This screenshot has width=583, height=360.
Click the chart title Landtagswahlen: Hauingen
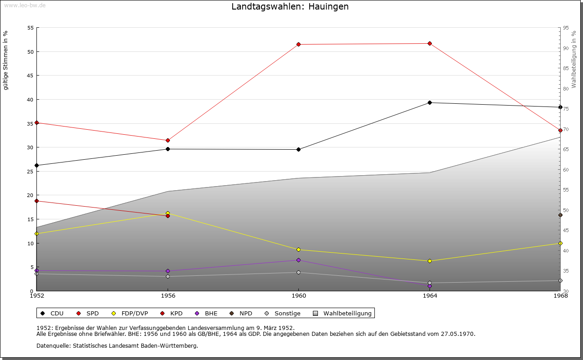290,7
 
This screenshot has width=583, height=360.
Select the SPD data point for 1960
299,44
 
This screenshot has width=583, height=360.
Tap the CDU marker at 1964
430,102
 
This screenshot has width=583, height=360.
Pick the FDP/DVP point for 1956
168,213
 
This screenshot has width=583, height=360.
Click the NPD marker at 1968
560,215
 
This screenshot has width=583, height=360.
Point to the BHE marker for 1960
299,260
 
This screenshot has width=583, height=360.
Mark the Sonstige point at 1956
168,276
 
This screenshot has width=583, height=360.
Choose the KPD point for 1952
37,201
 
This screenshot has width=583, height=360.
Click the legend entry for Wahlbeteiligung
347,313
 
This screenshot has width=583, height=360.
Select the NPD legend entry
245,313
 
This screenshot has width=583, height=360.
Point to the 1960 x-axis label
299,296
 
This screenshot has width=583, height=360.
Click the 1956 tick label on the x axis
168,296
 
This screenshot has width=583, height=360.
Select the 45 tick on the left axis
31,76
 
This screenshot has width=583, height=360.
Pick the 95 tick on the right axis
566,28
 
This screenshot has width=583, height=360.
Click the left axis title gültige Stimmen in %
5,61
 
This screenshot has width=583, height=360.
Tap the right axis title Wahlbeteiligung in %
574,59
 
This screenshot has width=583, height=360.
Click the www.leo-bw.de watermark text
24,5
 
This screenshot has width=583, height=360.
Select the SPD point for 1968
560,131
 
